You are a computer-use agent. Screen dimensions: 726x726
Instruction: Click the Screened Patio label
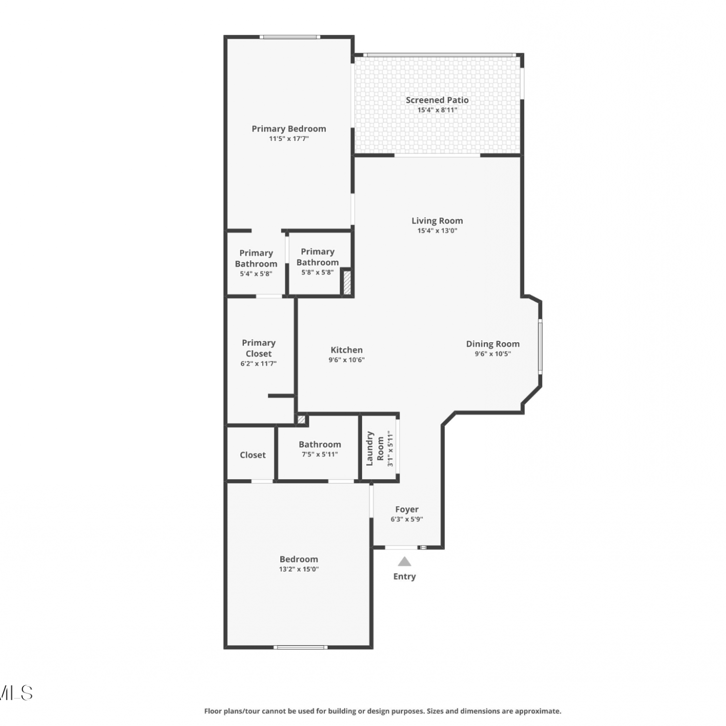coord(437,100)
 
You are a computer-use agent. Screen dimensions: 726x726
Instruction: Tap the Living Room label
coord(437,221)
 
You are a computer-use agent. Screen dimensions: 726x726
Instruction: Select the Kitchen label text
coord(347,350)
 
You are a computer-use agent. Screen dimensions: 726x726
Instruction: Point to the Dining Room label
coord(493,344)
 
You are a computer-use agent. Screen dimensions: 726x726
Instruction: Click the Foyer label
coord(407,509)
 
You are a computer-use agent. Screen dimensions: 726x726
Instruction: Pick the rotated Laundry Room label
coord(375,449)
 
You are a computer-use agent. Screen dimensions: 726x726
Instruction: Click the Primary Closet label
coord(258,348)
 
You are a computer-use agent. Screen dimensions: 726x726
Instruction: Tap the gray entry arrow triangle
coord(405,561)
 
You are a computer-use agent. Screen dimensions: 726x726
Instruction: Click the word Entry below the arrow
coord(405,576)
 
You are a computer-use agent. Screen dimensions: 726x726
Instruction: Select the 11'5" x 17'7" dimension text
coord(289,139)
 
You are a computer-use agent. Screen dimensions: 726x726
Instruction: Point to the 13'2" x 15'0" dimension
coord(299,569)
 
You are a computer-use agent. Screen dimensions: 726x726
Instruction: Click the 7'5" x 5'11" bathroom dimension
coord(320,454)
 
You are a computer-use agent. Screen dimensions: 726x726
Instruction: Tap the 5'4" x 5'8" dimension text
coord(256,274)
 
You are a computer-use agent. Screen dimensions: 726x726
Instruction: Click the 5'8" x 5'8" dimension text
coord(318,272)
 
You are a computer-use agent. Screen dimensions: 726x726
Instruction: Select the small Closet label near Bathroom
coord(253,455)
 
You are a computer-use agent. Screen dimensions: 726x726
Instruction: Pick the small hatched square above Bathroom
coord(301,419)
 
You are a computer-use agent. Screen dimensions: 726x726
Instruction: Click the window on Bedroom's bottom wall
coord(301,647)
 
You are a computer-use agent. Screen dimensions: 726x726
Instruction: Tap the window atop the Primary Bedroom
coord(289,37)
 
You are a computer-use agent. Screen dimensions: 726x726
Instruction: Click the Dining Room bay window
coord(540,346)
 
